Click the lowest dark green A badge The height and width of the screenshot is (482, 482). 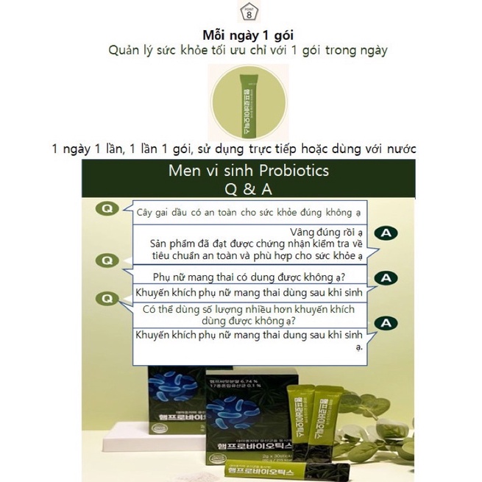pyautogui.click(x=386, y=323)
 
